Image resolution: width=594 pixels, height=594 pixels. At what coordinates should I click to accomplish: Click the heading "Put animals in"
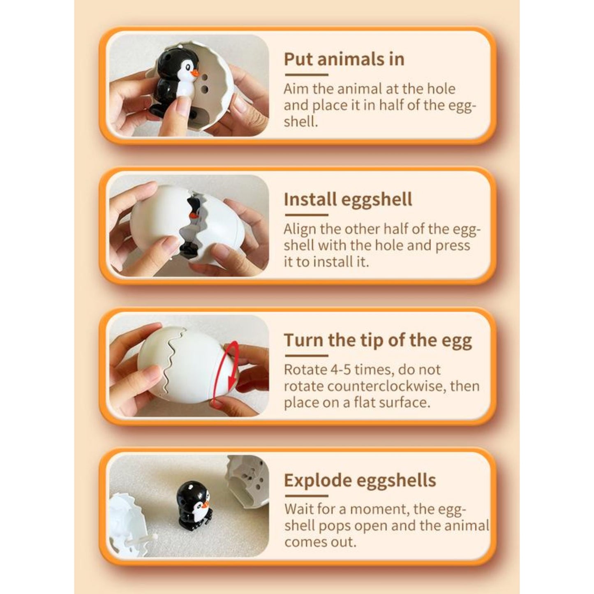coord(344,59)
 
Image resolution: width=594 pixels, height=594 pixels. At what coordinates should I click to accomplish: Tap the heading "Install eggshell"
coord(348,199)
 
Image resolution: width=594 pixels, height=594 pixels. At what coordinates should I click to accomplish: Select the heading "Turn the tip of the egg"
coord(378,340)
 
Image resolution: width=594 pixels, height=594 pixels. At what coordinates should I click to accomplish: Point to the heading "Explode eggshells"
coord(360,480)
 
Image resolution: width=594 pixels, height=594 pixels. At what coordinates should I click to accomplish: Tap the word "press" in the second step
coord(453,246)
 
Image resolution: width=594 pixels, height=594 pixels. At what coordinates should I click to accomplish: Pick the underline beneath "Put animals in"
coord(306,74)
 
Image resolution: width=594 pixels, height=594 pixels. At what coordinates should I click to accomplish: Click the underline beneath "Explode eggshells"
coord(306,496)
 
